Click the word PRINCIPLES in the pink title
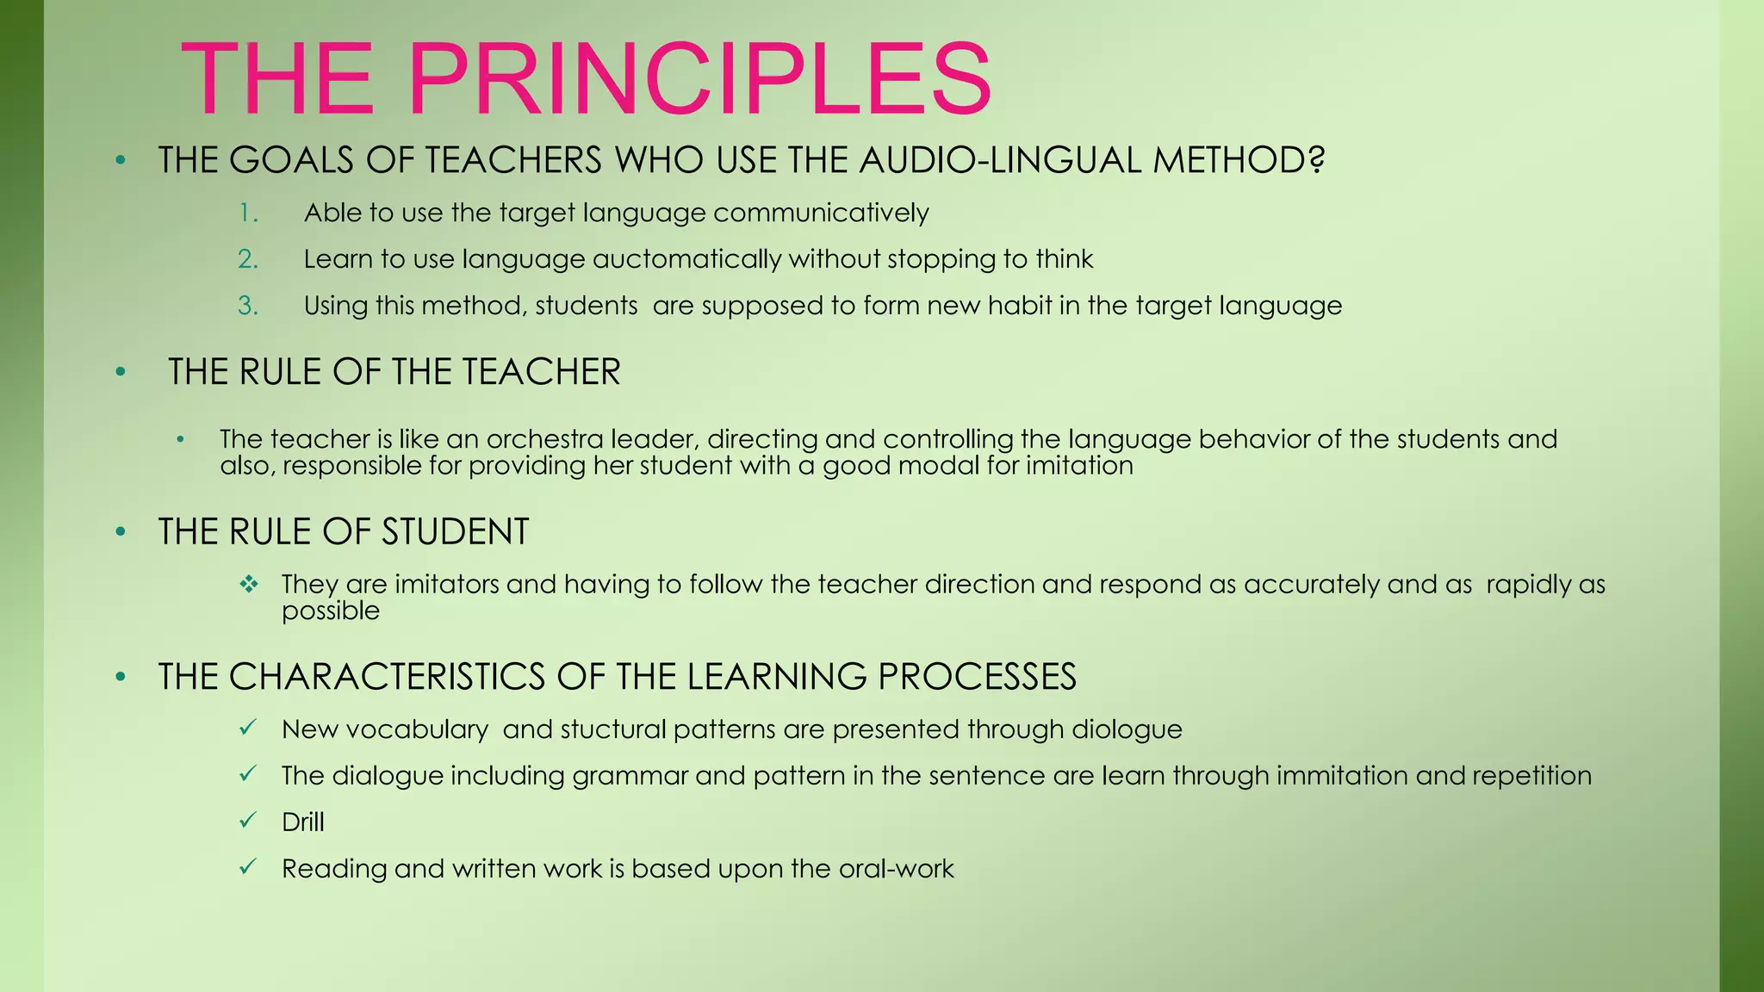click(699, 79)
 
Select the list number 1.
click(248, 214)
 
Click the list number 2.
click(248, 259)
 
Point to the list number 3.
click(248, 306)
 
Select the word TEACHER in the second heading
click(540, 372)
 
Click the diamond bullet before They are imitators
click(249, 585)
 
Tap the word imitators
click(446, 585)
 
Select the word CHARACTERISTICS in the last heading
click(387, 677)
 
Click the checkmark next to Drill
click(248, 821)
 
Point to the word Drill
click(303, 822)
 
